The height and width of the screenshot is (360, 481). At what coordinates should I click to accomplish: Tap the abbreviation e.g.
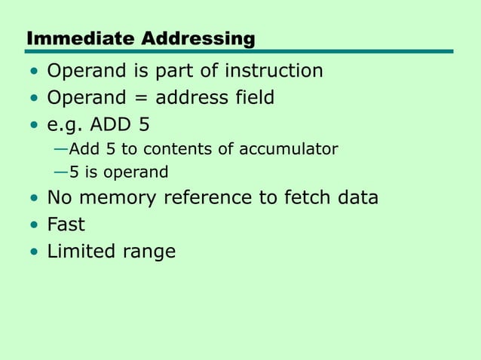coord(66,124)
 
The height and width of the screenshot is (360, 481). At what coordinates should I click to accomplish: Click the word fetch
coord(308,198)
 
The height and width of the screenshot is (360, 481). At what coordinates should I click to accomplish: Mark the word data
coord(358,198)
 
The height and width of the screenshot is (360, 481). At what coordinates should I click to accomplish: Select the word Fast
coord(66,224)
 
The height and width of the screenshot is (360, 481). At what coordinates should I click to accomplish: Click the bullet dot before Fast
coord(34,225)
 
